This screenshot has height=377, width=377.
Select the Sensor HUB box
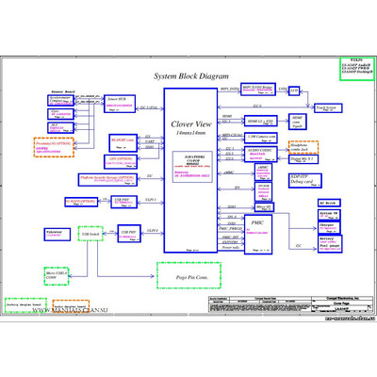click(x=118, y=100)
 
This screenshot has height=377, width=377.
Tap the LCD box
click(x=293, y=91)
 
